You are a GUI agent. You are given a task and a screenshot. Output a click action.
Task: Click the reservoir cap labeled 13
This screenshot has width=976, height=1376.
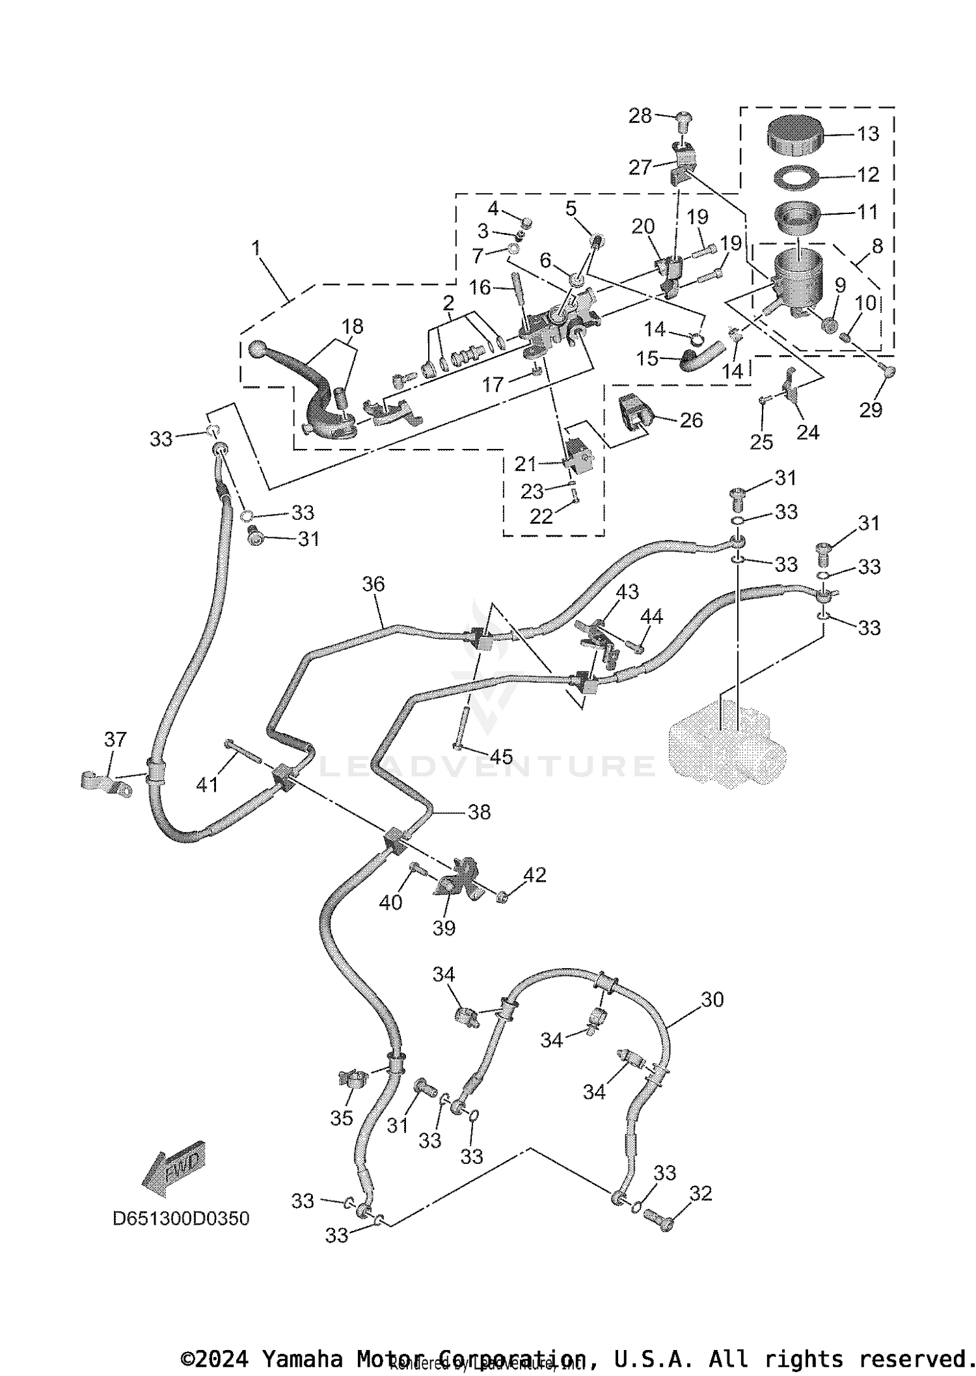[794, 135]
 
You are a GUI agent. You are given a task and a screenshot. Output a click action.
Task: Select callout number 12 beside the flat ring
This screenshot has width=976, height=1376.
[868, 174]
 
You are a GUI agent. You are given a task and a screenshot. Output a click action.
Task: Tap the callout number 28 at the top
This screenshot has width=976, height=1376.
[640, 116]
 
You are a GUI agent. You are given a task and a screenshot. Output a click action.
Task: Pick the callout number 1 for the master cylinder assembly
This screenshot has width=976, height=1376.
[256, 248]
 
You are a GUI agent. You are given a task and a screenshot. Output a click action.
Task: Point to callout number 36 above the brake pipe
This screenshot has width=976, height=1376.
[373, 584]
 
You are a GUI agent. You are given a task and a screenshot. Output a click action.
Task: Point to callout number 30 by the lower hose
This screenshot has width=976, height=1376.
[712, 999]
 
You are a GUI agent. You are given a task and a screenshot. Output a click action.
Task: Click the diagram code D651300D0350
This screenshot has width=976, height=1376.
[181, 1218]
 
